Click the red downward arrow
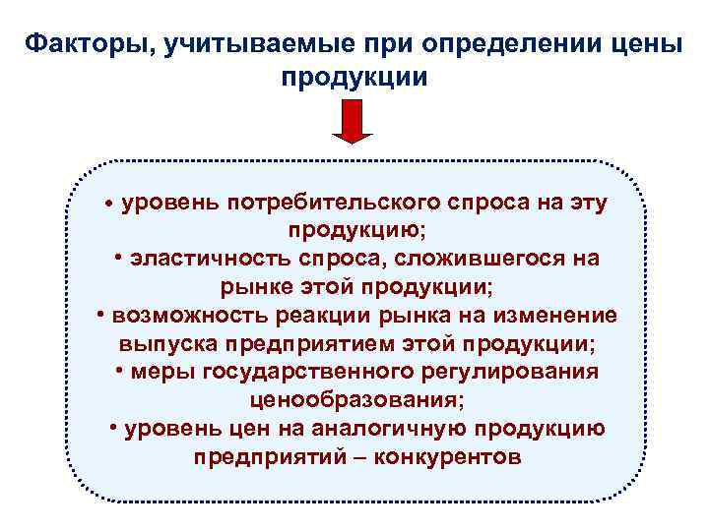pos(353,123)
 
